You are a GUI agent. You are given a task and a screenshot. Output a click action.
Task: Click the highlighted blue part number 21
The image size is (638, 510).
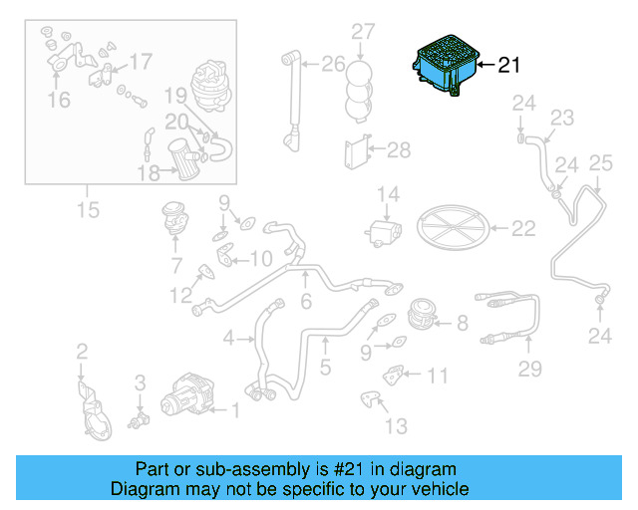coord(447,66)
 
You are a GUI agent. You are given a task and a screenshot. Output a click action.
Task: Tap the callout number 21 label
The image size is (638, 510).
coord(509,65)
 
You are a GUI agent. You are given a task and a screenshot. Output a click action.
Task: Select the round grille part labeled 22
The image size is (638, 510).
coord(453,227)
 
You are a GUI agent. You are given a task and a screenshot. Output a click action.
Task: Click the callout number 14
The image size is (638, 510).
coord(388,194)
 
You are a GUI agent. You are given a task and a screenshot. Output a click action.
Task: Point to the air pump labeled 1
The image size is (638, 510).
coord(187,394)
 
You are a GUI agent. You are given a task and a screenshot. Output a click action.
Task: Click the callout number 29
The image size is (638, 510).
coord(529,369)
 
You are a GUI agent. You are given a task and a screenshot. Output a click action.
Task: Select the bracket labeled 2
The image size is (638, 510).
coord(94,410)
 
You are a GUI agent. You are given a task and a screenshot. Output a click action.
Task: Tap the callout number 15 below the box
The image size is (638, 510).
coord(88,210)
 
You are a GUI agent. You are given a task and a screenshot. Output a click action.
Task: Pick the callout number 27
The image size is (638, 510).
coord(363,31)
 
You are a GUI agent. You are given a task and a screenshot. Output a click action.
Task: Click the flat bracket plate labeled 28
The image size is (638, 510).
coord(358,152)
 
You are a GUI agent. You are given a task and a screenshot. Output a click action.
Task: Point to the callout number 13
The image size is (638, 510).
coord(396,426)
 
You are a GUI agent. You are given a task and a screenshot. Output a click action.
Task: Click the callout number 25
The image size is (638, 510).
coord(600,163)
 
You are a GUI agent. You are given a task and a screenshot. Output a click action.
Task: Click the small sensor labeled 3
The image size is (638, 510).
coord(140,419)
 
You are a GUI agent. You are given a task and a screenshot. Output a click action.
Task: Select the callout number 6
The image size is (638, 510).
coord(306,302)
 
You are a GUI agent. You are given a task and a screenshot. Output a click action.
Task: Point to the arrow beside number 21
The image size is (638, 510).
coord(485,65)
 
